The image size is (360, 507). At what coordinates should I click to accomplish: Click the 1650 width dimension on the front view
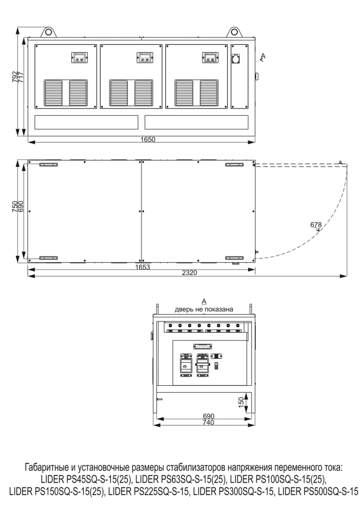click(148, 139)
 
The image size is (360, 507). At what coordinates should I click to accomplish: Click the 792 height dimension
click(15, 77)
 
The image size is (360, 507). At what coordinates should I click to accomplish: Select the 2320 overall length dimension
click(189, 273)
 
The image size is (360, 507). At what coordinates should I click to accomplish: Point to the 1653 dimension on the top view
click(143, 267)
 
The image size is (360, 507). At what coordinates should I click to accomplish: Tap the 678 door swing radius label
click(316, 225)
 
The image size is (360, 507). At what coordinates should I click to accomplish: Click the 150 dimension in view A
click(241, 402)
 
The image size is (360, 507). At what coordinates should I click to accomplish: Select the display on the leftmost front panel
click(79, 57)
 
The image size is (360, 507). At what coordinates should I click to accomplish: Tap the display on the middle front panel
click(145, 57)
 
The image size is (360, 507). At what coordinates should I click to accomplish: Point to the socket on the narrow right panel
click(237, 58)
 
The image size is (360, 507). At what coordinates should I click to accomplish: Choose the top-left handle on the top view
click(48, 165)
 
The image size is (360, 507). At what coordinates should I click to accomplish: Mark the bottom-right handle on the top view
click(234, 258)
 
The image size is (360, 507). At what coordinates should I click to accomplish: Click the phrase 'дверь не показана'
click(204, 309)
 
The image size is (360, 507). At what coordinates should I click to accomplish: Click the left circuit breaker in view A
click(186, 365)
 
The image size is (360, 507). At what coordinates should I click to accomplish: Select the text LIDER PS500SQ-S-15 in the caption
click(318, 492)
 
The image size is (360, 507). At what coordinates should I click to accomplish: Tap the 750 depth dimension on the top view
click(15, 207)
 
